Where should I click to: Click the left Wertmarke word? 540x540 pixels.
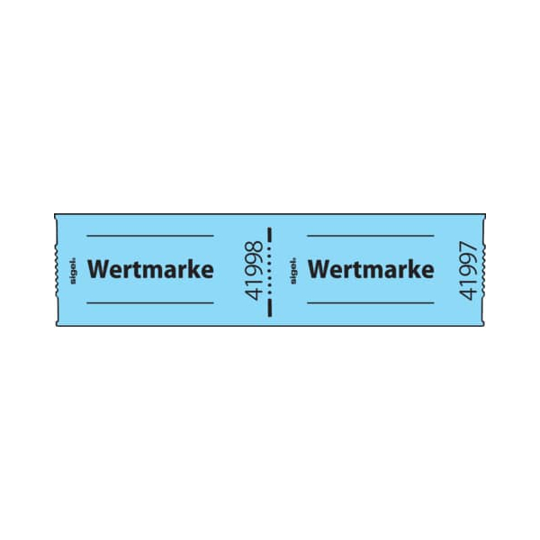150,269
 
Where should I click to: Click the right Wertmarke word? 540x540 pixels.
371,269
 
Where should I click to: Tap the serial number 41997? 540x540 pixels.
468,270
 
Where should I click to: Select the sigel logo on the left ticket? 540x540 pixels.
73,271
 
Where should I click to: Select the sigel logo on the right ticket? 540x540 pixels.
293,271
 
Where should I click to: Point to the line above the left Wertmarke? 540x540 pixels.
150,236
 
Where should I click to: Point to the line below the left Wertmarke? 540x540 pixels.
150,303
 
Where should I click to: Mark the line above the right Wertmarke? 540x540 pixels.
371,236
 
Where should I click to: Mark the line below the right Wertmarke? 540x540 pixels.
371,303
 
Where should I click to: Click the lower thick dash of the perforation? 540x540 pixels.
270,308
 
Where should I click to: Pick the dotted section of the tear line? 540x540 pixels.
270,271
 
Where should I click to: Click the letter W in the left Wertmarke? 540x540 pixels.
98,269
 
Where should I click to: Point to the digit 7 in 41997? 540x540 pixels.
468,247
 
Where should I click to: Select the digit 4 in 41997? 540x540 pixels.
468,293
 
